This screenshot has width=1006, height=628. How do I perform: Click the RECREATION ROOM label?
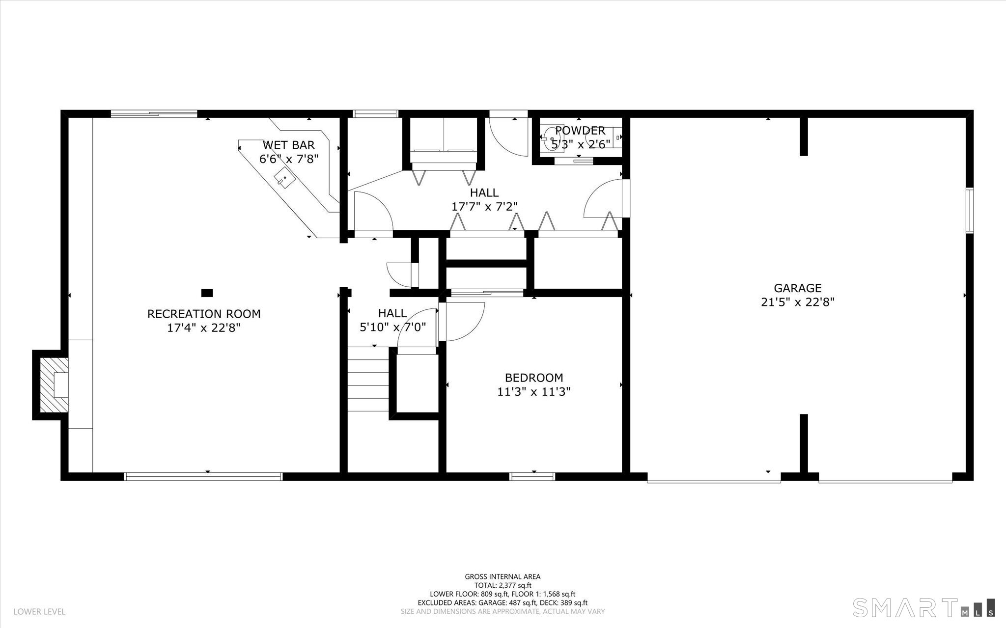point(204,314)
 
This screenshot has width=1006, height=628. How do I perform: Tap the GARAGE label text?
point(798,288)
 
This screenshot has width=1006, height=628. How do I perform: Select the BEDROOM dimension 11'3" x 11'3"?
point(533,392)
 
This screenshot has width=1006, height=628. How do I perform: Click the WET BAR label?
point(288,145)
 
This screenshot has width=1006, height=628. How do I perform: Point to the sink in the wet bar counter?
point(284,177)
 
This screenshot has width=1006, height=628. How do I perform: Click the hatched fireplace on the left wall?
point(53,384)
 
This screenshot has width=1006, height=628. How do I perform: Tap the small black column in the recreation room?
point(207,293)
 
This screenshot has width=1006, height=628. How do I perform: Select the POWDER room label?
point(580,131)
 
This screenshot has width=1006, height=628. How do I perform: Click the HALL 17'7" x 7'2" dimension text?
point(484,206)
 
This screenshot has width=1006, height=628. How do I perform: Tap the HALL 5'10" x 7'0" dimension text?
point(392,327)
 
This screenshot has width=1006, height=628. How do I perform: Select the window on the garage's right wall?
point(970,211)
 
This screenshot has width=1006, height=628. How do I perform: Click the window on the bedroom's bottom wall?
point(532,476)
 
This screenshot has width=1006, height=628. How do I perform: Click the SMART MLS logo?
point(923,607)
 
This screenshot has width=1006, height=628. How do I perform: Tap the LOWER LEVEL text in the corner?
point(39,612)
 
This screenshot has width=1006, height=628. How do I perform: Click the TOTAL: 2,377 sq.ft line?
point(503,585)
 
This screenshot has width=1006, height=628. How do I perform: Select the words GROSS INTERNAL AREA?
point(503,577)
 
